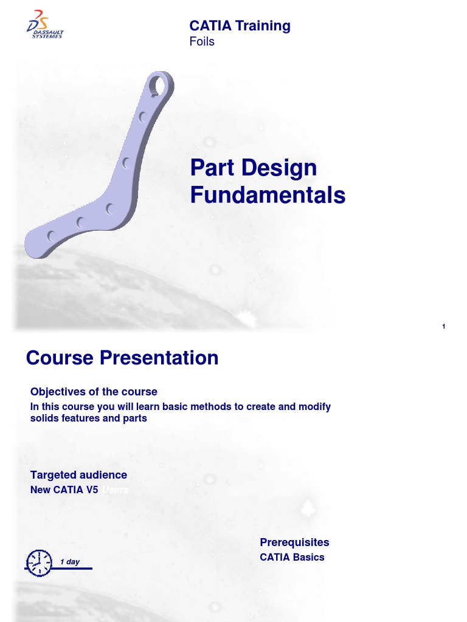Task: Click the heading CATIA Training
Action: (240, 26)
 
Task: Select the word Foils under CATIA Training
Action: (202, 42)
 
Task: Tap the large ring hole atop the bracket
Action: (160, 84)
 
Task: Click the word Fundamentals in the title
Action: (268, 196)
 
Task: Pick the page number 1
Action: (444, 327)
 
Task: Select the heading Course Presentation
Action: (122, 358)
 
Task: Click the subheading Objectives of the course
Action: (94, 392)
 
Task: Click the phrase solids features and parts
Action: (88, 419)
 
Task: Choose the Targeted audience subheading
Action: (78, 475)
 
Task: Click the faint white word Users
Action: (115, 490)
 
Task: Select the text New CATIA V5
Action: (64, 490)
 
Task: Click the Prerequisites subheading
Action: (294, 542)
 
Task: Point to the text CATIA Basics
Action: (292, 557)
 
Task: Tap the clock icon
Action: (38, 563)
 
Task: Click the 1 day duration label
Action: (70, 562)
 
